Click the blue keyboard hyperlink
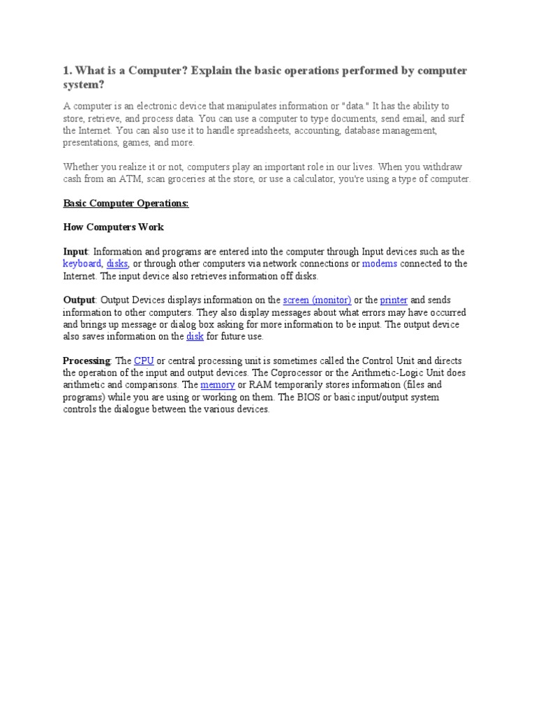tap(82, 264)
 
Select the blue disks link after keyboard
tap(117, 264)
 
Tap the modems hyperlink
tap(380, 264)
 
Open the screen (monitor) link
tap(317, 300)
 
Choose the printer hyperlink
tap(394, 300)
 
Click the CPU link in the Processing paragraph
tap(144, 360)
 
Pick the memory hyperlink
tap(217, 385)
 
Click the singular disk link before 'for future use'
tap(195, 337)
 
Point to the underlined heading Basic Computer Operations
tap(126, 204)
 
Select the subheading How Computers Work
tap(113, 227)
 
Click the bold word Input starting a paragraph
tap(75, 252)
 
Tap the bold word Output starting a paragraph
tap(79, 300)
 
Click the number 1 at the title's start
tap(66, 71)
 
